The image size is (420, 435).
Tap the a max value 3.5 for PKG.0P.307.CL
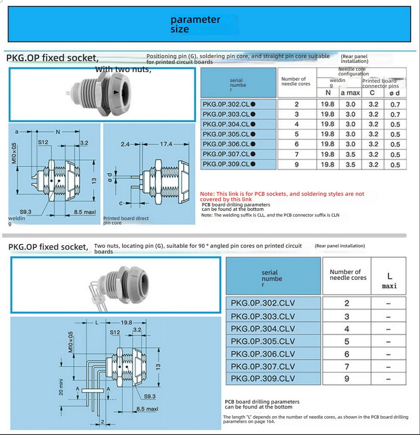coord(350,154)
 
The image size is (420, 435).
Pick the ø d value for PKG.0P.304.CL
coord(395,124)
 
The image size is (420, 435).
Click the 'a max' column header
coord(350,93)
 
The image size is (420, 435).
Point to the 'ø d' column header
coord(395,93)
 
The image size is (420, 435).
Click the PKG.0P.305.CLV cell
coord(263,341)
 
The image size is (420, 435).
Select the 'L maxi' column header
coord(389,281)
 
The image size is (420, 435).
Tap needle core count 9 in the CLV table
coord(346,378)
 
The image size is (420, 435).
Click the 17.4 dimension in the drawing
coord(166,144)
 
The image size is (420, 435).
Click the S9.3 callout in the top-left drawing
coord(26,212)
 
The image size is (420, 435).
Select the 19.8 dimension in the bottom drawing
coord(126,323)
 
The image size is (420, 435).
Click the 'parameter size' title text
coord(195,24)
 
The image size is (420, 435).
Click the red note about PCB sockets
coord(282,196)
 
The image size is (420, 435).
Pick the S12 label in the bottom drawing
coord(115,332)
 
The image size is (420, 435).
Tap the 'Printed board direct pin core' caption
coord(126,221)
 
